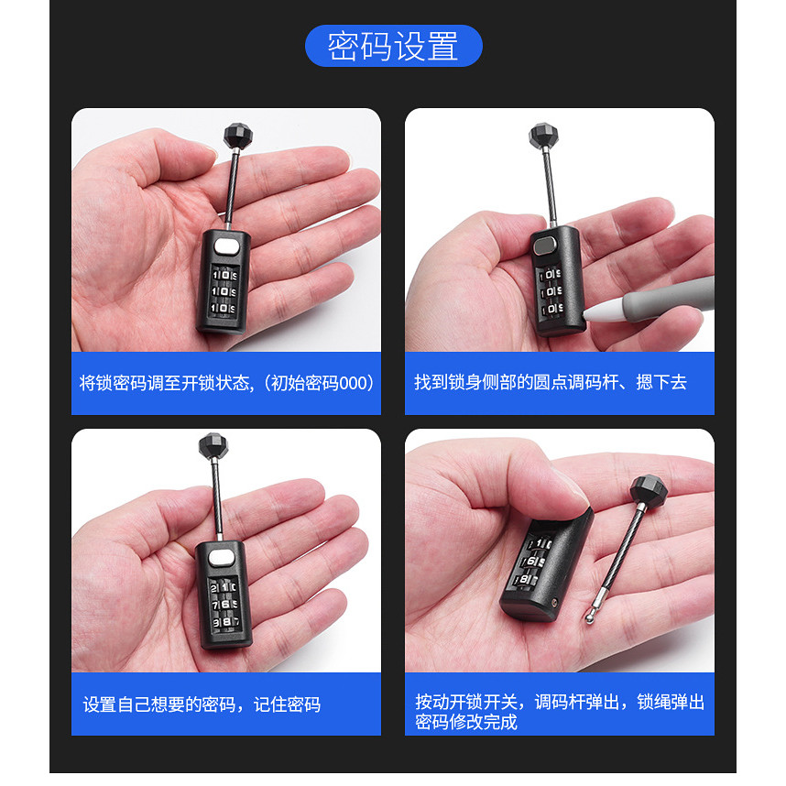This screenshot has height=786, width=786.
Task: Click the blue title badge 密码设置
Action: (x=394, y=46)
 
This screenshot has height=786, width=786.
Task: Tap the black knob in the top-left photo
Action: (x=237, y=136)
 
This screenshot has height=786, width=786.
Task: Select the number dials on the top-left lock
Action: (x=224, y=291)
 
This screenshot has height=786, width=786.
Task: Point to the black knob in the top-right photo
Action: (x=543, y=136)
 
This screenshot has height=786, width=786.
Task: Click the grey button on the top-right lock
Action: (x=544, y=246)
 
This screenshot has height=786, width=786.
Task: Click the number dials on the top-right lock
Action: (x=551, y=291)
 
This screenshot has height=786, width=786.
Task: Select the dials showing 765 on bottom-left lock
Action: (x=224, y=604)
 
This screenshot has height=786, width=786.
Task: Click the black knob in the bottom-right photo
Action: (x=648, y=490)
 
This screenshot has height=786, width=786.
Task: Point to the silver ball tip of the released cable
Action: (x=590, y=618)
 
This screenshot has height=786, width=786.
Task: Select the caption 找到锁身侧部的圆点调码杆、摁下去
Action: (x=551, y=383)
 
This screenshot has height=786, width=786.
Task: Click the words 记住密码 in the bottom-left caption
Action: (x=287, y=704)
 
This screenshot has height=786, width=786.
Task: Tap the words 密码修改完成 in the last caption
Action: (x=466, y=723)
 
